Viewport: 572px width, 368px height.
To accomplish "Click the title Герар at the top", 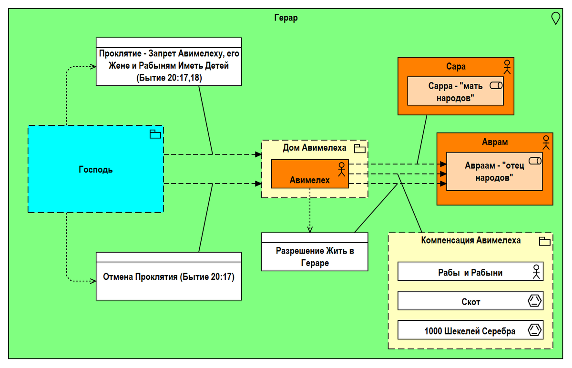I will pyautogui.click(x=286, y=19).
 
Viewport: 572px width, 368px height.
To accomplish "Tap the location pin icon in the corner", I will pyautogui.click(x=555, y=18).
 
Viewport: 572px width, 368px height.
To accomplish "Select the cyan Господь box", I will pyautogui.click(x=95, y=169).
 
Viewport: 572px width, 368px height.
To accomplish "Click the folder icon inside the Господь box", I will pyautogui.click(x=155, y=134).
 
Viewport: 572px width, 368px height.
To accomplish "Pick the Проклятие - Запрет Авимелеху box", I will pyautogui.click(x=169, y=65).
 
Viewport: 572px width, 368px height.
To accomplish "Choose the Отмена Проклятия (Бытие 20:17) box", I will pyautogui.click(x=169, y=276).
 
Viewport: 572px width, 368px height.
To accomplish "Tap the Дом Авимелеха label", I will pyautogui.click(x=315, y=148).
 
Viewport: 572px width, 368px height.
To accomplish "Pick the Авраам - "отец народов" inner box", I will pyautogui.click(x=494, y=172).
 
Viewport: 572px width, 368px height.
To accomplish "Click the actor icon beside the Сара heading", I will pyautogui.click(x=507, y=67).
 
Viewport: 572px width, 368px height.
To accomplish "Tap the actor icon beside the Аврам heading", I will pyautogui.click(x=546, y=142).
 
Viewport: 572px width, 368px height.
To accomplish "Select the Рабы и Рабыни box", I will pyautogui.click(x=470, y=273).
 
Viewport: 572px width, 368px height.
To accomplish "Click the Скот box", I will pyautogui.click(x=470, y=301).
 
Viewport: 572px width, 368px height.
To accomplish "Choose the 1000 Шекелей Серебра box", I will pyautogui.click(x=470, y=331).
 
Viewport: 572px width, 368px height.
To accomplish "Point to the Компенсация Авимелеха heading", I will pyautogui.click(x=470, y=240).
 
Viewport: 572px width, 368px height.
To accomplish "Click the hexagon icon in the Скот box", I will pyautogui.click(x=535, y=301).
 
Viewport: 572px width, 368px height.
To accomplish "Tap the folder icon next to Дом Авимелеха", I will pyautogui.click(x=360, y=148).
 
